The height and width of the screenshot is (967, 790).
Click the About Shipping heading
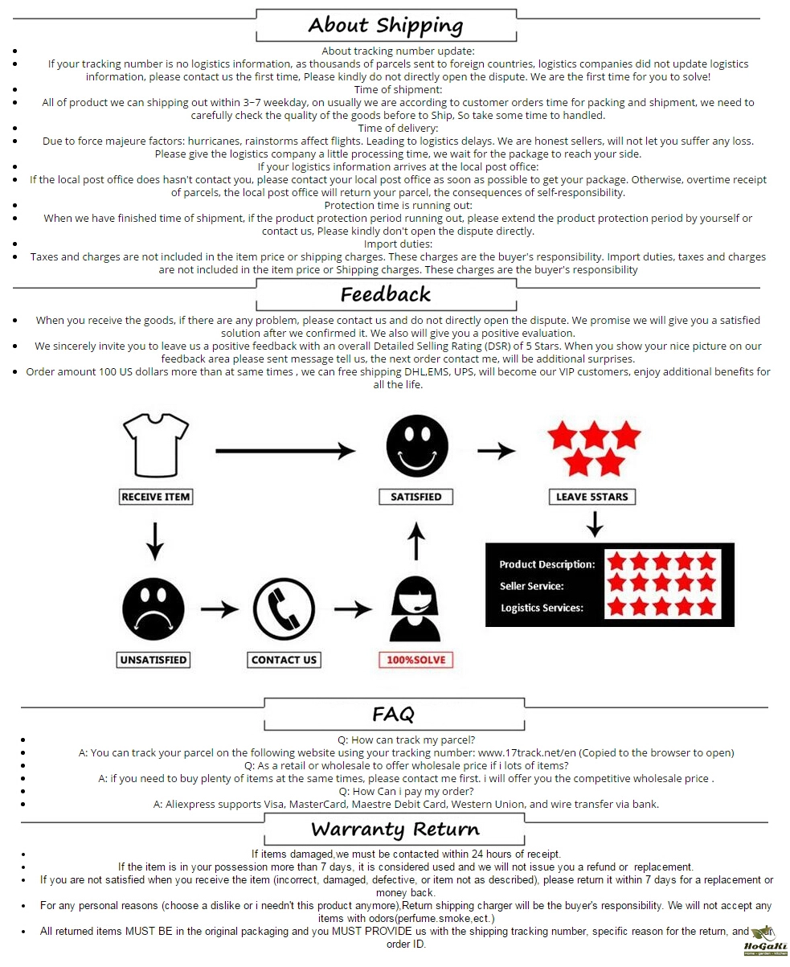(x=386, y=25)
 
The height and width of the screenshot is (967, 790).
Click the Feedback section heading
(x=386, y=294)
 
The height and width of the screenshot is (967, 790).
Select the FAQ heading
(x=394, y=714)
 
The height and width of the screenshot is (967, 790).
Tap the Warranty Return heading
(x=395, y=829)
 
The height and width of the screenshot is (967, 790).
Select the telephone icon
(x=284, y=610)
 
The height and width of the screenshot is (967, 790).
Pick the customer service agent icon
(x=415, y=609)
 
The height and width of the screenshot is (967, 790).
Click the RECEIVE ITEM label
(x=156, y=497)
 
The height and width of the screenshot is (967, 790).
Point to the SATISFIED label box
(x=415, y=497)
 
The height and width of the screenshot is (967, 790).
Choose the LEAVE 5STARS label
(x=592, y=497)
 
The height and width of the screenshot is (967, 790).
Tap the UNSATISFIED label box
(x=153, y=660)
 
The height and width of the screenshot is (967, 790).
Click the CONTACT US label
(x=284, y=660)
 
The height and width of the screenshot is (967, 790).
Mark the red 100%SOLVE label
(x=415, y=660)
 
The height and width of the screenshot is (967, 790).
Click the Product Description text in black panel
(x=546, y=564)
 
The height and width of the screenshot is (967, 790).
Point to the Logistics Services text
(x=542, y=608)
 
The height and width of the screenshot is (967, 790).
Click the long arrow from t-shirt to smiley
(x=285, y=450)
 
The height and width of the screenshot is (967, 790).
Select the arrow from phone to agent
(x=352, y=609)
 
